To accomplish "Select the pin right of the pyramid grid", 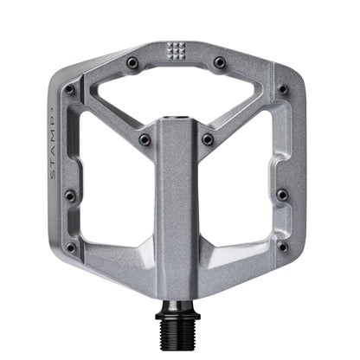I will click(220, 62).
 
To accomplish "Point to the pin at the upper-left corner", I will click(70, 88).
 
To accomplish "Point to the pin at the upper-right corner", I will click(283, 89).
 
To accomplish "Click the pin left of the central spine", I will click(145, 138).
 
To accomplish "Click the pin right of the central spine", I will click(208, 138).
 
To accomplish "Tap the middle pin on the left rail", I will click(69, 196).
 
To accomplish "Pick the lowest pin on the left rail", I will click(73, 247).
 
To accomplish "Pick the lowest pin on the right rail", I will click(282, 247).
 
